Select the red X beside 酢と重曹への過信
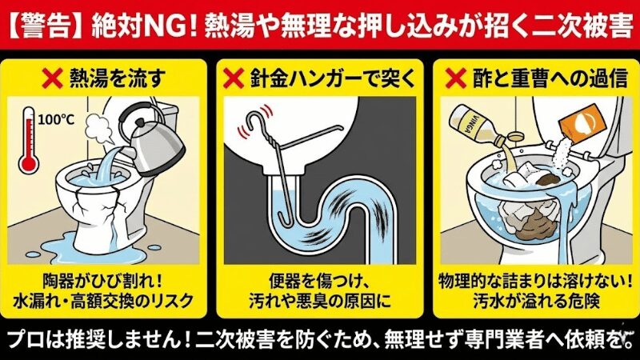click(456, 79)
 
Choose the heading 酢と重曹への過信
click(539, 79)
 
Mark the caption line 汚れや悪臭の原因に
click(319, 303)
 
